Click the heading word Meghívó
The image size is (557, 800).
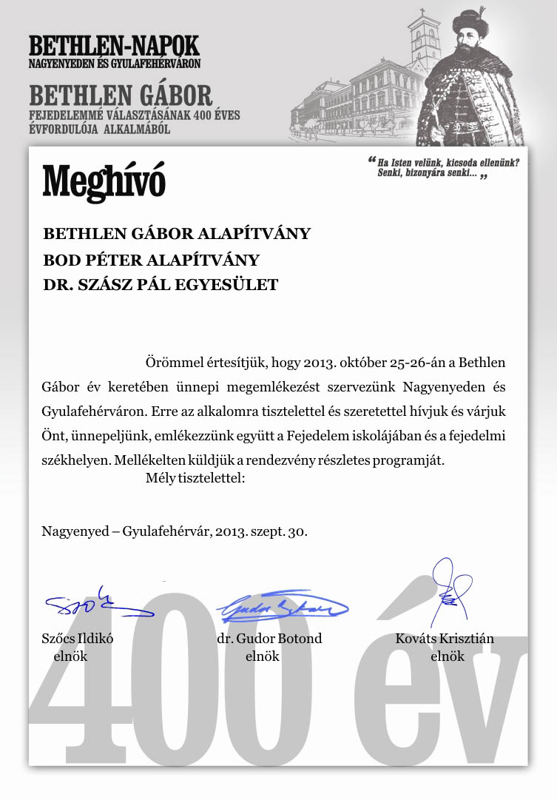[104, 180]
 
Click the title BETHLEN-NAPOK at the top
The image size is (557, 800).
[114, 46]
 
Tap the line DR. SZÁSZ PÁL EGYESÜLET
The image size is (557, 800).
[161, 284]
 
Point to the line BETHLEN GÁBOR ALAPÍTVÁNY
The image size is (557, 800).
[177, 234]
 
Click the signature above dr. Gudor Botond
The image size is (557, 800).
[282, 608]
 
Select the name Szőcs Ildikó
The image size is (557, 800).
[77, 639]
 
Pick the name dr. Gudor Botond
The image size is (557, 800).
[269, 639]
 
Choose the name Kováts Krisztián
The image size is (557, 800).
[445, 639]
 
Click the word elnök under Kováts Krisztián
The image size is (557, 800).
[447, 656]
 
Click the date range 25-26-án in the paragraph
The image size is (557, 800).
[419, 364]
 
